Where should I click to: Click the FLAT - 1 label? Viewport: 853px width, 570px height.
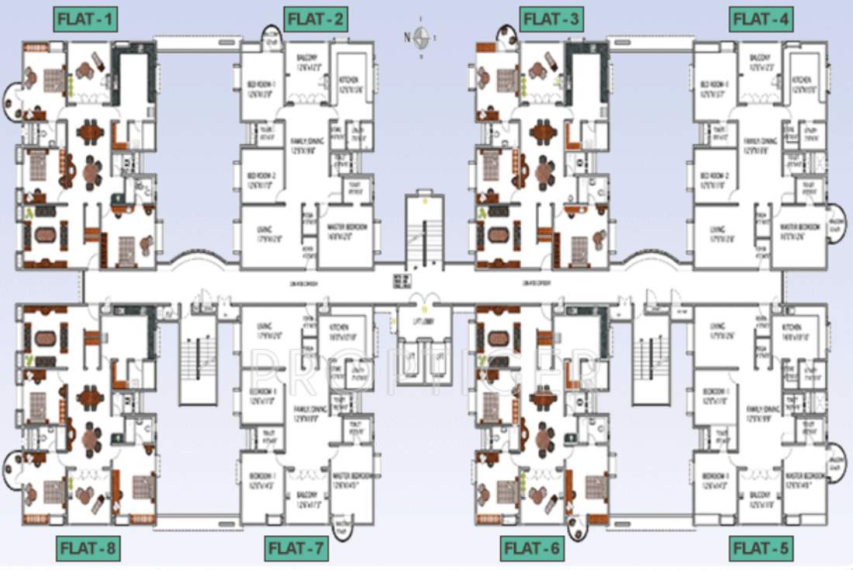click(x=85, y=19)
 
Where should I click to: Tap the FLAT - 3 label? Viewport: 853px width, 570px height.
click(x=551, y=19)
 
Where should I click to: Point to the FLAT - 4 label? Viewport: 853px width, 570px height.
click(x=761, y=19)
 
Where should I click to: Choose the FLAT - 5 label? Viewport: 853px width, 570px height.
click(x=761, y=548)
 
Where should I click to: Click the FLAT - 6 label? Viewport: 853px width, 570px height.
click(x=532, y=548)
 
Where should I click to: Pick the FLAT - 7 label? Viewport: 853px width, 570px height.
click(x=297, y=548)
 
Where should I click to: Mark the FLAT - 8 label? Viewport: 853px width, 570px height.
click(x=88, y=548)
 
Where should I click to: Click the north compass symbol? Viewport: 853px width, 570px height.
click(x=421, y=36)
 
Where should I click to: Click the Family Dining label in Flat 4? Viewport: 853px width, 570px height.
click(x=761, y=145)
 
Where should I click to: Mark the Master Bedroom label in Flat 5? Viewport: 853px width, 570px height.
click(x=802, y=478)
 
